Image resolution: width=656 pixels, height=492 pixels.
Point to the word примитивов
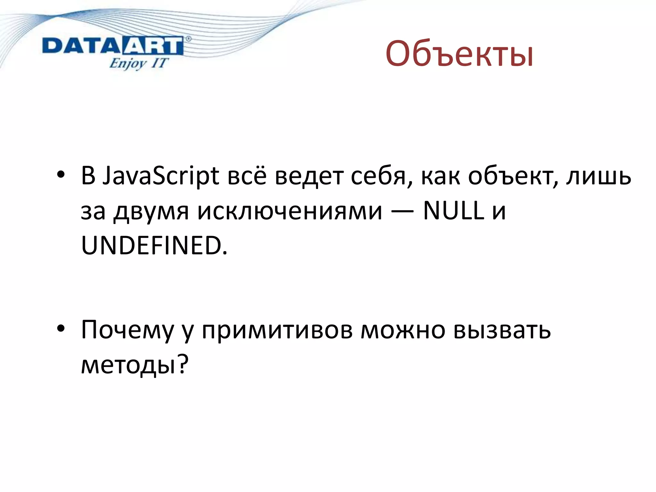tap(277, 330)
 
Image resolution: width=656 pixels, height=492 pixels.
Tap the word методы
tap(128, 365)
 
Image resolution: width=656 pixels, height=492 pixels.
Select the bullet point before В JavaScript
tap(61, 175)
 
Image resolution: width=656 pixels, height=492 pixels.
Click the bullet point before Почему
tap(61, 329)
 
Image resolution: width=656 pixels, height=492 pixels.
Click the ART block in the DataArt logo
tap(152, 46)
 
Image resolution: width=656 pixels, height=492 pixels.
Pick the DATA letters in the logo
tap(82, 46)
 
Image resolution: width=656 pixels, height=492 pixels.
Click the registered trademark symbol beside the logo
tap(188, 39)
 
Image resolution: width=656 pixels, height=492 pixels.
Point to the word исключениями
tap(290, 211)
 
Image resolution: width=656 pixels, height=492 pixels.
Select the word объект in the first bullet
tap(511, 176)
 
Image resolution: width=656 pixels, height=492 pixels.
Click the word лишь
tap(598, 176)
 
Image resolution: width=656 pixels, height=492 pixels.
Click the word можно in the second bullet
tap(403, 330)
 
